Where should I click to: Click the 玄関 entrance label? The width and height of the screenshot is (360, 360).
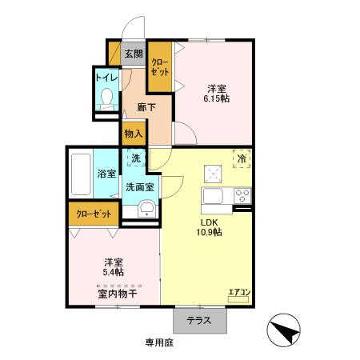134,54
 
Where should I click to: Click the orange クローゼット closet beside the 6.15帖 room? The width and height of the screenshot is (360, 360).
159,66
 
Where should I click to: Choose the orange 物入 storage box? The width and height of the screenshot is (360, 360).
133,134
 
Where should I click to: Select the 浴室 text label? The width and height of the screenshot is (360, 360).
107,172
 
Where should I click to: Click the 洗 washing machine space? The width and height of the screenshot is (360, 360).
136,158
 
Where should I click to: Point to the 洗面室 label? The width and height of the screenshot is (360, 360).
140,188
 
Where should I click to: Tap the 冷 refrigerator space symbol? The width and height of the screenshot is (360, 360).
241,158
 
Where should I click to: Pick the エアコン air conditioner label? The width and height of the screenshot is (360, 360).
239,293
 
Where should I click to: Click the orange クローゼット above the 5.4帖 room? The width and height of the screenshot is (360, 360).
94,214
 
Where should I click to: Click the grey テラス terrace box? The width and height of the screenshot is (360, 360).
198,320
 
